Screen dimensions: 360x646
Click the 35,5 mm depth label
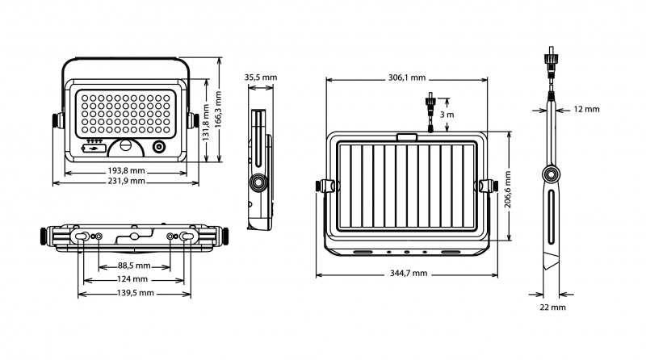point(260,77)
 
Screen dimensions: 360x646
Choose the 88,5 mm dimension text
point(132,266)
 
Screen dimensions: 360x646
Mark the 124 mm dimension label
point(132,279)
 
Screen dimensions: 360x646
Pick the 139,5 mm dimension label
point(132,293)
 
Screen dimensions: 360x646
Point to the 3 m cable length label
point(450,116)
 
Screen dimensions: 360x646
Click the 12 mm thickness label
point(587,109)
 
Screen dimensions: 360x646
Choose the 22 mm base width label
point(553,308)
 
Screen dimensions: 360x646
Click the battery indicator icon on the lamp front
point(94,148)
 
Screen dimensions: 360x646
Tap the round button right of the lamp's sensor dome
point(158,147)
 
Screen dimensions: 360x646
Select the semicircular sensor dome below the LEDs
point(125,147)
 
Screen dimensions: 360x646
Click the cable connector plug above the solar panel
point(431,109)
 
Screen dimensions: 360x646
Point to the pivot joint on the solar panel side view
point(552,174)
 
